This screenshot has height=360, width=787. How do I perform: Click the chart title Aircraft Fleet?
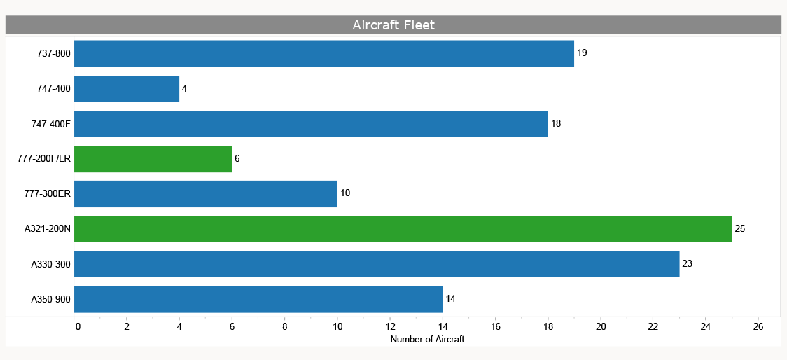393,25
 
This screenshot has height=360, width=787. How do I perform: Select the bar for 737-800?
323,53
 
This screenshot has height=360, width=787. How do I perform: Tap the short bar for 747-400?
126,89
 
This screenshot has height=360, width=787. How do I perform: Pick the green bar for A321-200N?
403,229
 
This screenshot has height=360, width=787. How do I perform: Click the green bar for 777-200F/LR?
153,159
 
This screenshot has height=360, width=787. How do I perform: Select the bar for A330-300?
376,264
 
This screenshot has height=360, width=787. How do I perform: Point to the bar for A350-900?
258,299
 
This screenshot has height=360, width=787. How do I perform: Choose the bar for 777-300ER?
205,194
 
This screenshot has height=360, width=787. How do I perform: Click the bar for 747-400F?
310,124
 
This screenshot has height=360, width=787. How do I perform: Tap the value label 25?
740,229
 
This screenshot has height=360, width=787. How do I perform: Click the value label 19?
582,53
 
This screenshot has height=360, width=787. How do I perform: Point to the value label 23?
687,264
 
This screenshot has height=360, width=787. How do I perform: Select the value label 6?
237,159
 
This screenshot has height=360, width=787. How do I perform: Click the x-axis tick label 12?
390,326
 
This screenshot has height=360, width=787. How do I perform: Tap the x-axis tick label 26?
758,326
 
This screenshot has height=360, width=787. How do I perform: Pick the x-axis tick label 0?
77,326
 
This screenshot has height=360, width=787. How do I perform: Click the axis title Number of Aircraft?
427,340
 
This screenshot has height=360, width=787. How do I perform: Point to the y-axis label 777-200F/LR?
44,159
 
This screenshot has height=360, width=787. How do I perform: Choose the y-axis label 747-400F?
51,124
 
